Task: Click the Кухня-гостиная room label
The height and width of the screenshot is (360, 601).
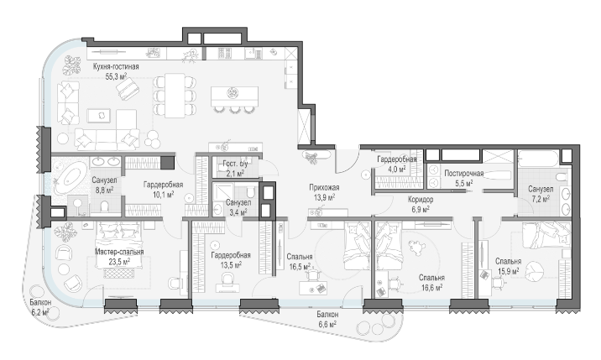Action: [116, 66]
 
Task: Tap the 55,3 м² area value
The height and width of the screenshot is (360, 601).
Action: [116, 76]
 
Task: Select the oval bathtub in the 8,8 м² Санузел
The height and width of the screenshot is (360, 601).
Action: [71, 178]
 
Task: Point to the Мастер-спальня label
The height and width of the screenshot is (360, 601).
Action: [119, 252]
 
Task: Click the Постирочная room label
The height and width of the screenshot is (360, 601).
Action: [464, 174]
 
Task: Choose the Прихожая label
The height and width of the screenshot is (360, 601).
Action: [324, 187]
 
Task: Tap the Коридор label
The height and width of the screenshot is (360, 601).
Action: [421, 200]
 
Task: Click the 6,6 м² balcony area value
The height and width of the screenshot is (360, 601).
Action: [327, 325]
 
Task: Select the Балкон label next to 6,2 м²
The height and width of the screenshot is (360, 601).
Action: [40, 302]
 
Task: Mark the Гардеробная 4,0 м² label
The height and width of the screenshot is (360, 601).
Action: [397, 159]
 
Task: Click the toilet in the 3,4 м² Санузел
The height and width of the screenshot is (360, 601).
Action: [251, 190]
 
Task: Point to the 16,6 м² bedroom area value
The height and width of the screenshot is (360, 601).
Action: [431, 287]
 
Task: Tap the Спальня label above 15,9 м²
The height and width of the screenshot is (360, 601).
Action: [508, 262]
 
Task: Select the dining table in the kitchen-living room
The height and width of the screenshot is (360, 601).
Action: [175, 96]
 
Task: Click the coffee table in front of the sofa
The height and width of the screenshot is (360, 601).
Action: [99, 116]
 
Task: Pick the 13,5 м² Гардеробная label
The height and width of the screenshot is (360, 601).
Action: [231, 255]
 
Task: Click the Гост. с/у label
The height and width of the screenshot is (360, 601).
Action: [235, 164]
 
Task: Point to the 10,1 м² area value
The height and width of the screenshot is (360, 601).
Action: [163, 194]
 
